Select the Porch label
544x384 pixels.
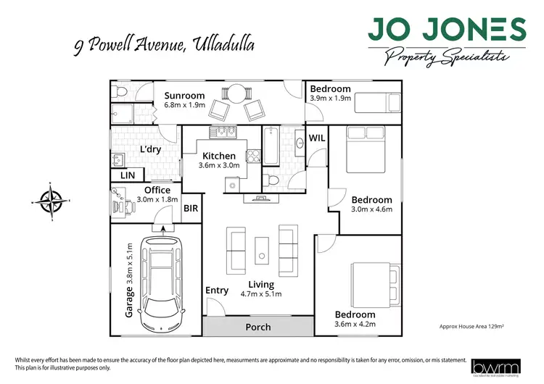point(258,327)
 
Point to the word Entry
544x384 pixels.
point(217,291)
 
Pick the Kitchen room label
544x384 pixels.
point(218,156)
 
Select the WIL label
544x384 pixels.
point(317,138)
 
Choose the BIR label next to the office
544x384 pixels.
point(191,208)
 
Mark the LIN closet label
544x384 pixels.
point(128,175)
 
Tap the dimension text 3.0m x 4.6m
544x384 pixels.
point(371,209)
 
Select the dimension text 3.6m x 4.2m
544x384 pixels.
point(355,325)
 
